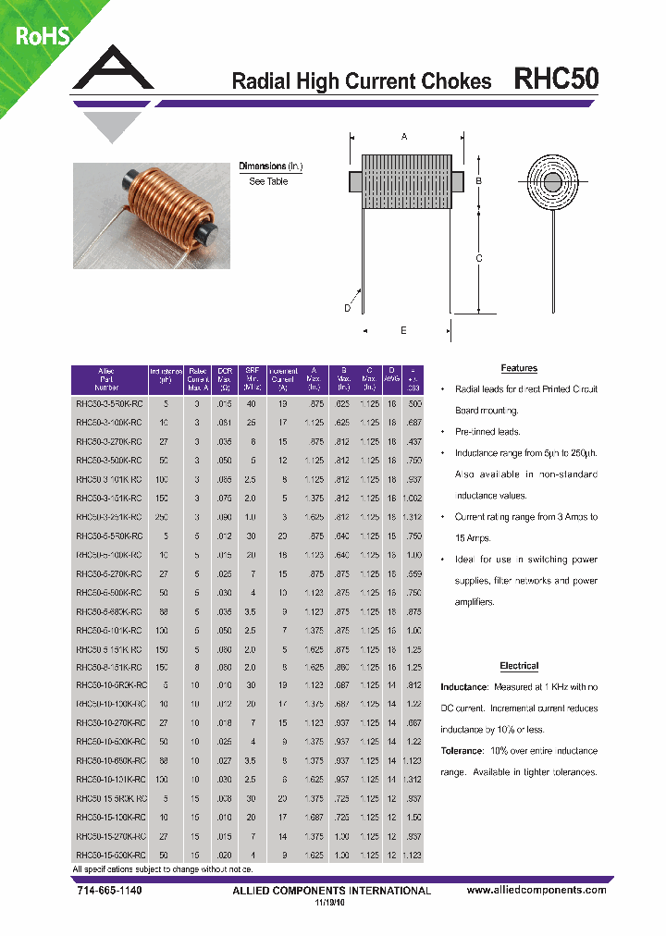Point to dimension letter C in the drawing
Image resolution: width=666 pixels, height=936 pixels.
tap(479, 259)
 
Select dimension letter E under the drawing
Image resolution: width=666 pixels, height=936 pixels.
tap(403, 330)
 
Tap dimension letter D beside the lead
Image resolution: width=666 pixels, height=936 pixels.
tap(348, 308)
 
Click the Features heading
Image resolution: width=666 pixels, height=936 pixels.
tap(519, 368)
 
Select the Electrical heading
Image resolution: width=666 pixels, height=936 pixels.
tap(519, 666)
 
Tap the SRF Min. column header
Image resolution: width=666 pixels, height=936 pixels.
tap(250, 379)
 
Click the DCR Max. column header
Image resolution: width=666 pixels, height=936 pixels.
tap(224, 379)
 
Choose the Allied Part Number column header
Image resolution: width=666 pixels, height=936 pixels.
tap(106, 379)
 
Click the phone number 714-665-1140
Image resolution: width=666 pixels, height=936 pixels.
tap(106, 890)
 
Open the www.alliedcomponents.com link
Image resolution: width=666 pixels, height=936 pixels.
tap(536, 890)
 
